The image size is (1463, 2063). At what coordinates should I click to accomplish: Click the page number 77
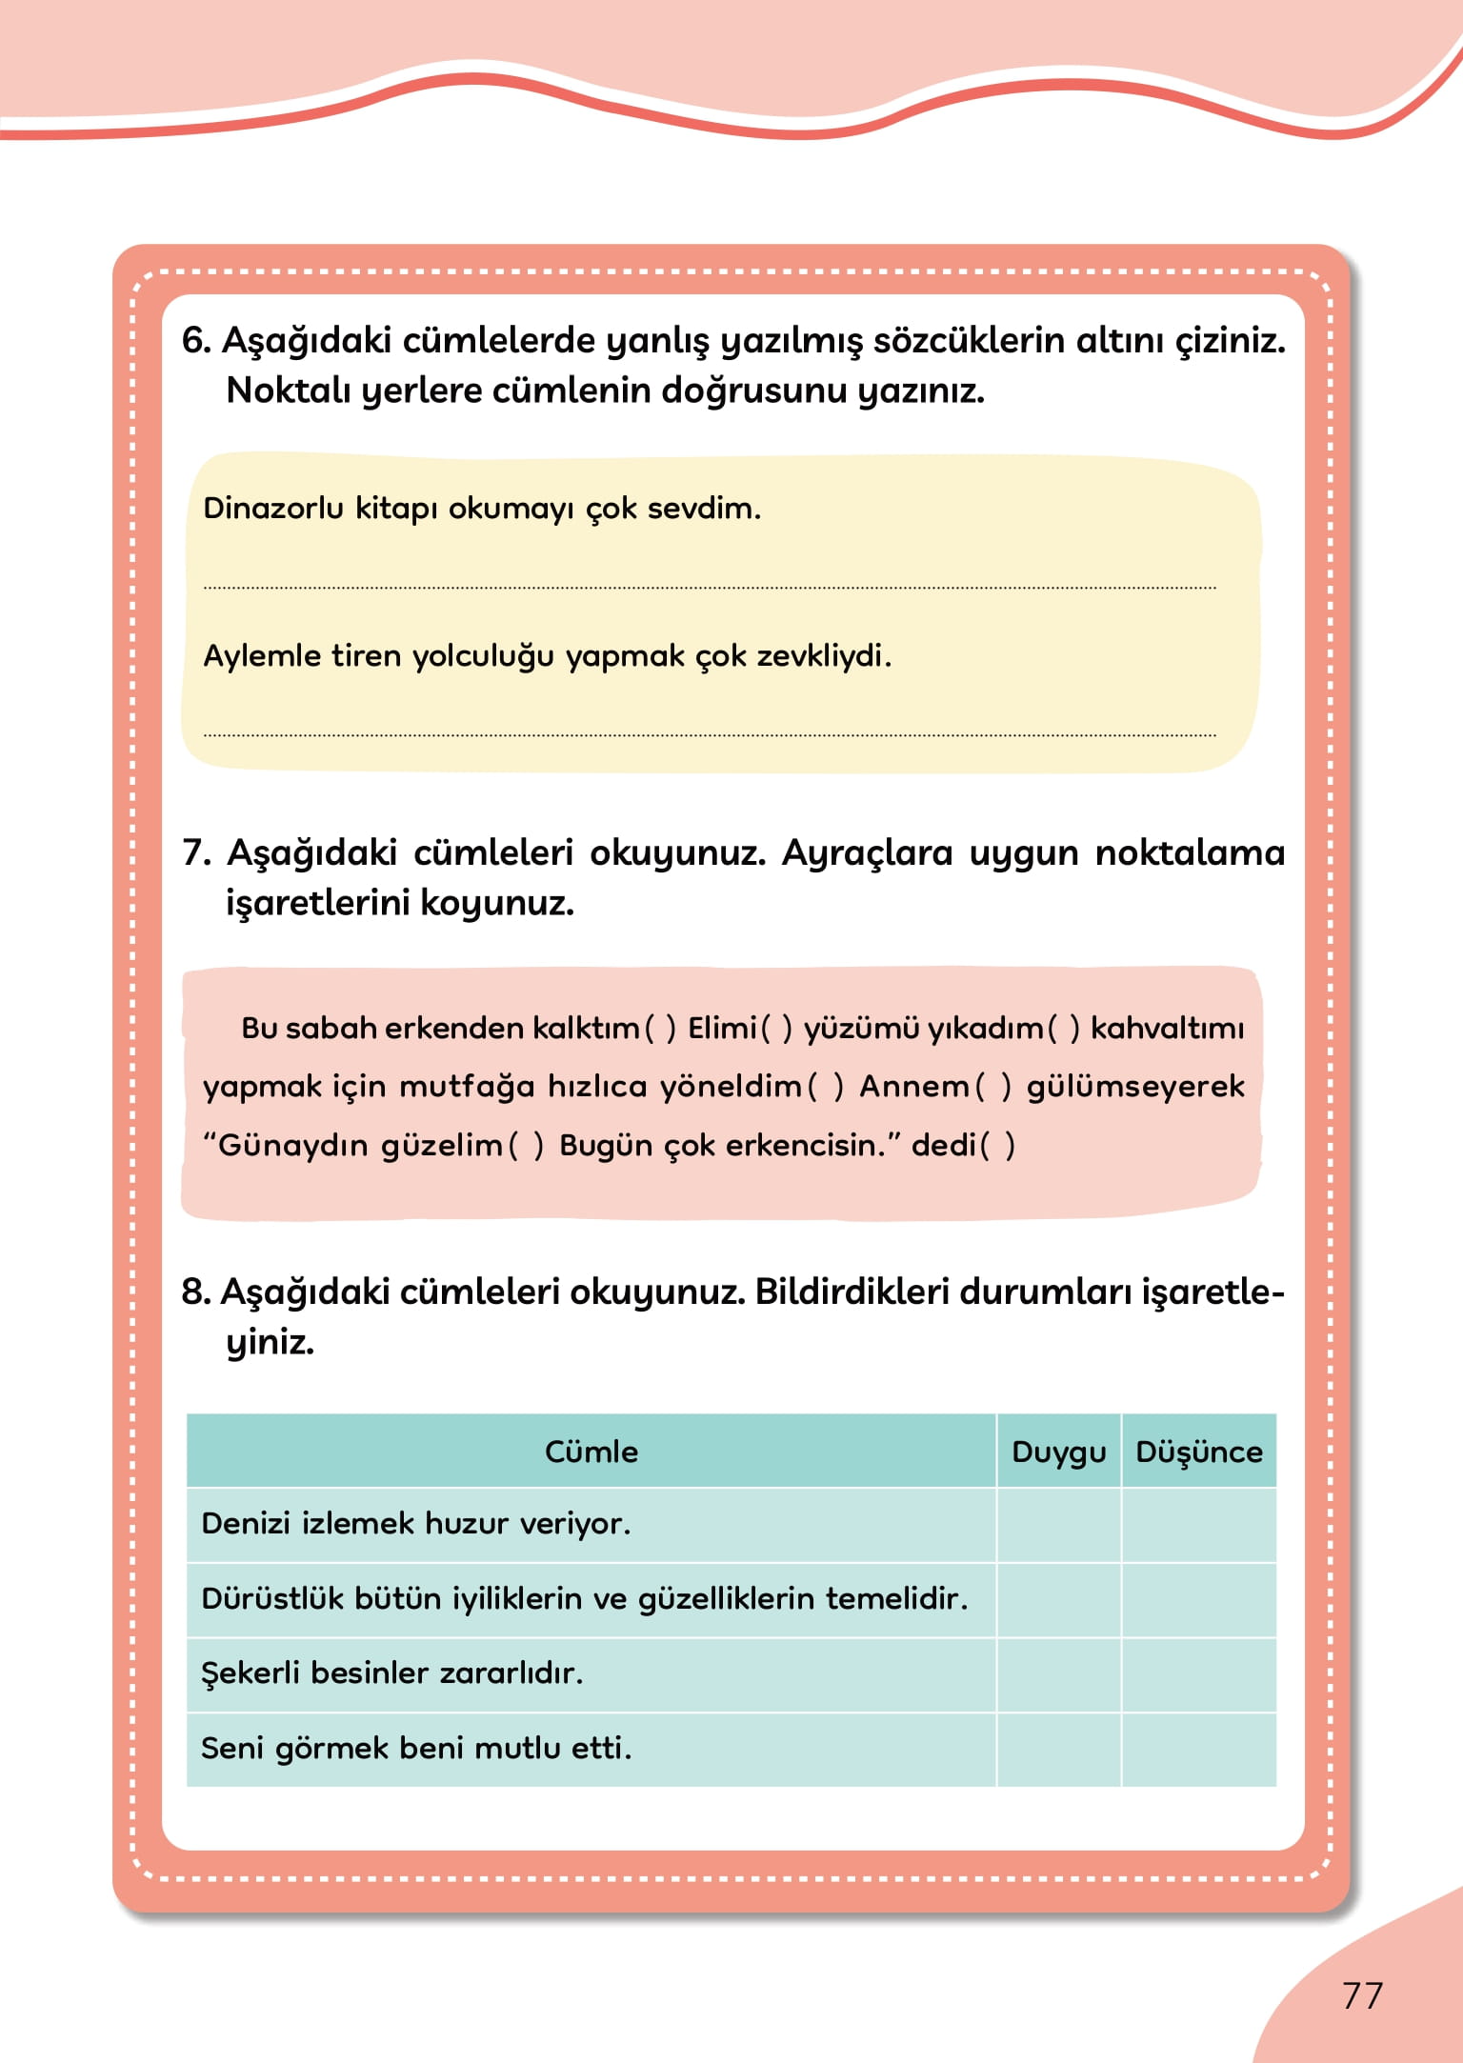tap(1362, 1995)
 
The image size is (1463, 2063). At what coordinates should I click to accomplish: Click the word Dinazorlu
tap(273, 508)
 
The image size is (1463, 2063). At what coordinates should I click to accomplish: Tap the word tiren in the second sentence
tap(366, 655)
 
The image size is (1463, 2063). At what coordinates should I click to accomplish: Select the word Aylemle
tap(262, 655)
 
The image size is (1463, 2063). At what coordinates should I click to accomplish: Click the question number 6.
tap(195, 340)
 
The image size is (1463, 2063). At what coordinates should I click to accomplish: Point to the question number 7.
tap(195, 852)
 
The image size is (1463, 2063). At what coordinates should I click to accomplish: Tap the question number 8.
tap(195, 1292)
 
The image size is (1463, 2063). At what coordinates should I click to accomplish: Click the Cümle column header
tap(591, 1452)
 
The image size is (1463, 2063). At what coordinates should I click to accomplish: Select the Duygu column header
tap(1058, 1452)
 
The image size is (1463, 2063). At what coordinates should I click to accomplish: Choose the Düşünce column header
tap(1198, 1452)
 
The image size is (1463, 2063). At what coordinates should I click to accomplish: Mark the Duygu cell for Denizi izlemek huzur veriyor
tap(1058, 1524)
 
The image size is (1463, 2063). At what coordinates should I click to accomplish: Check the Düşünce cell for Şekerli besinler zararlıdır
tap(1198, 1673)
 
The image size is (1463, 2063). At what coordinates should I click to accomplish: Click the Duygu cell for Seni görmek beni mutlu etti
tap(1058, 1749)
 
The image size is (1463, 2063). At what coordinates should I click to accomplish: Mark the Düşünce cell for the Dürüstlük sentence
tap(1198, 1599)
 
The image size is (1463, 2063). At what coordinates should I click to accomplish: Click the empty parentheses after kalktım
tap(661, 1028)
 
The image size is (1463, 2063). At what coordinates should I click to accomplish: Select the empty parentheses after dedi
tap(997, 1145)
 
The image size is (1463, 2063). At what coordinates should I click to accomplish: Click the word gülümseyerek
tap(1135, 1086)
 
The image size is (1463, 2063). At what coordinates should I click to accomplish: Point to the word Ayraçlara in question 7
tap(866, 852)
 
